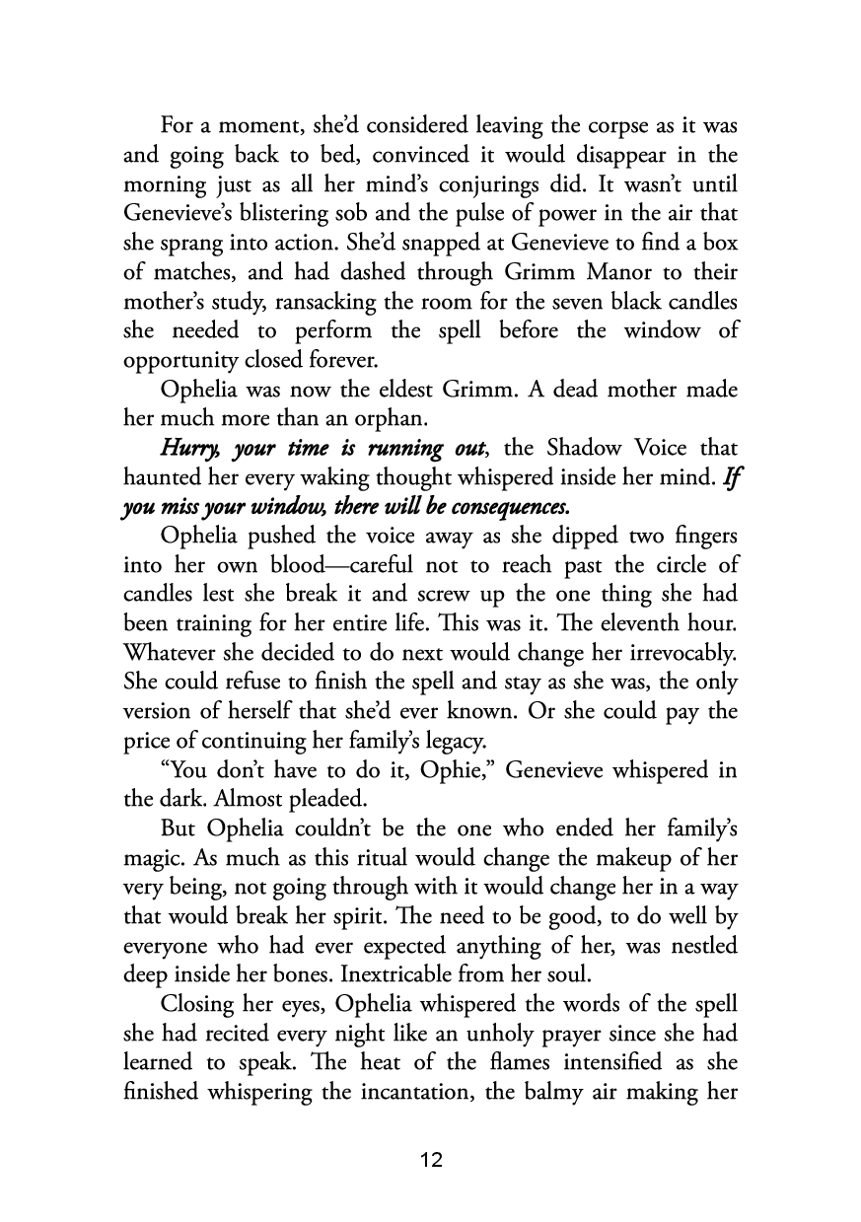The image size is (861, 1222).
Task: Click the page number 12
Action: [431, 1160]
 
